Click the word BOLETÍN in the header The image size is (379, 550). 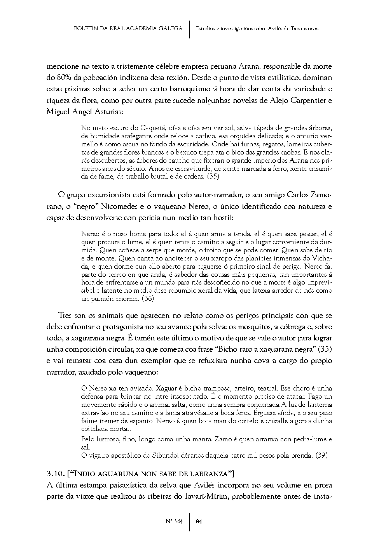click(84, 29)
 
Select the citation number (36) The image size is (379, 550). click(148, 299)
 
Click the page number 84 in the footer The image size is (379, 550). click(199, 521)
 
